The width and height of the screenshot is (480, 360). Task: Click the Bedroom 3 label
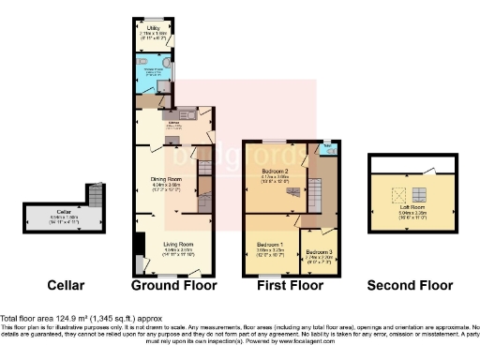(x=319, y=251)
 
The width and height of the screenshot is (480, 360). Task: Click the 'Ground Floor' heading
(x=173, y=285)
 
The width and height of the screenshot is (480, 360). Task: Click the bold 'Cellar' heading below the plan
(x=66, y=285)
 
